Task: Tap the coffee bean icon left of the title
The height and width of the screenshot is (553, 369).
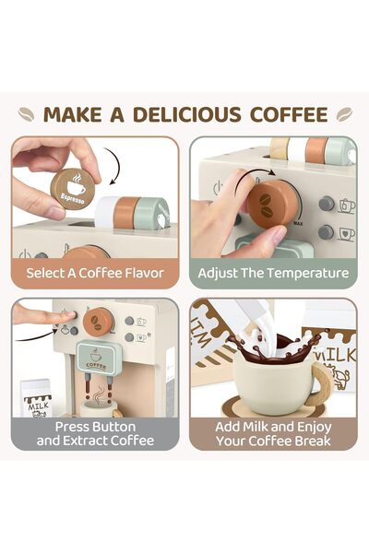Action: pos(27,115)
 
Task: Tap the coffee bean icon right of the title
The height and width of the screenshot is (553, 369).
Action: pos(343,115)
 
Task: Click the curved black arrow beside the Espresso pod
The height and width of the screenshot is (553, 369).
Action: pos(114,173)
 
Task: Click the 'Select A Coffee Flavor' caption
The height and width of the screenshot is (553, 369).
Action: pos(96,273)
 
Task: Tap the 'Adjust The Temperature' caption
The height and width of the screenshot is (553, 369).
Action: pos(273,273)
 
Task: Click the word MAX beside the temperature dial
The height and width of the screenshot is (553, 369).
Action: pos(298,222)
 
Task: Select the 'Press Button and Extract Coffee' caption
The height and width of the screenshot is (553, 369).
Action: pos(96,433)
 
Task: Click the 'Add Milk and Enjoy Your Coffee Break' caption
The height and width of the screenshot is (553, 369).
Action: pos(273,433)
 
